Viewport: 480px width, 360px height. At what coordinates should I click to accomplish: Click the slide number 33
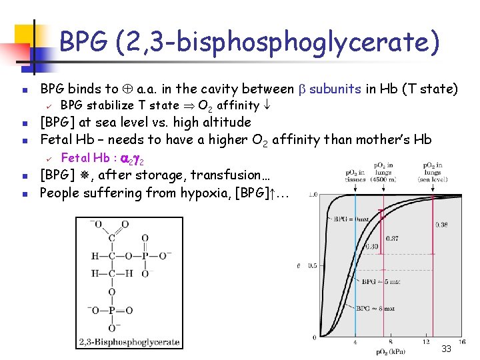447,349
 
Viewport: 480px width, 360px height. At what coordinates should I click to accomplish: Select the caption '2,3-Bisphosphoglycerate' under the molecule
129,342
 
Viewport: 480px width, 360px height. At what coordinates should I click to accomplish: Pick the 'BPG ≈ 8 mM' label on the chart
375,308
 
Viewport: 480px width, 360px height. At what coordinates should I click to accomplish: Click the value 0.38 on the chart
442,225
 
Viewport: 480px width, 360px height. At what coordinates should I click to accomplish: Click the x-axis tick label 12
427,342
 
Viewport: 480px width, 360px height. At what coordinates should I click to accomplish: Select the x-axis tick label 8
390,342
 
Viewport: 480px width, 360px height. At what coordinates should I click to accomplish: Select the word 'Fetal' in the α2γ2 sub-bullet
75,158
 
